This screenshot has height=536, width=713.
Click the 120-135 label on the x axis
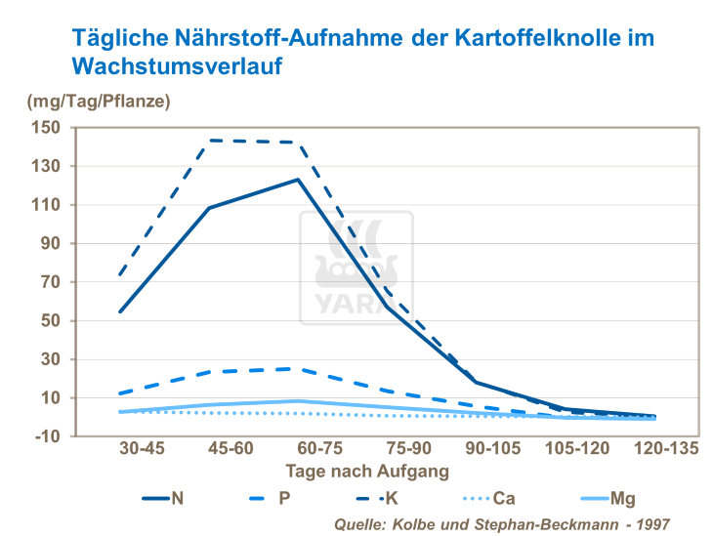tap(651, 451)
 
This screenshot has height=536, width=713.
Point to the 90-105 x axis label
tap(474, 451)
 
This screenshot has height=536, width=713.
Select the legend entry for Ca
tap(504, 498)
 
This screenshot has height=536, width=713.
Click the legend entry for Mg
tap(622, 498)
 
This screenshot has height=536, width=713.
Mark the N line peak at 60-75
tap(298, 180)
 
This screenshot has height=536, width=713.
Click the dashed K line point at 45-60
tap(209, 141)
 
